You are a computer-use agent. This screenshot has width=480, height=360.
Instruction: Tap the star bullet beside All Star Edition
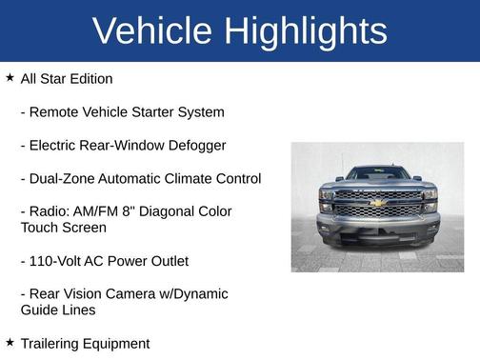pyautogui.click(x=10, y=77)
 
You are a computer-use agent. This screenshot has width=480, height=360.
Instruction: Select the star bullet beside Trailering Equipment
pyautogui.click(x=10, y=341)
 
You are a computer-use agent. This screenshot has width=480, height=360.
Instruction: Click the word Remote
pyautogui.click(x=57, y=112)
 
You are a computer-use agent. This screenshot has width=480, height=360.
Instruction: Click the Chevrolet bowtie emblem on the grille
pyautogui.click(x=377, y=202)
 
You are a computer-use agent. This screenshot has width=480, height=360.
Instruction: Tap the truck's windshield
pyautogui.click(x=377, y=173)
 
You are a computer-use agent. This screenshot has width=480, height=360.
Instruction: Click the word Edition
pyautogui.click(x=89, y=79)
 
